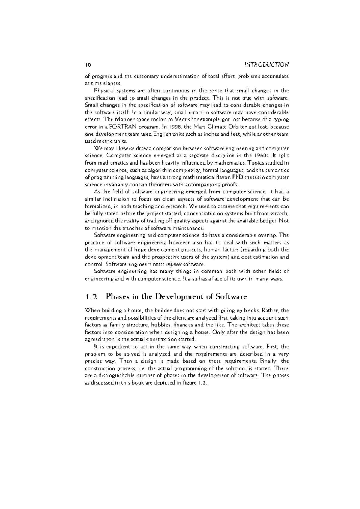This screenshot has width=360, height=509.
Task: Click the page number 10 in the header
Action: tap(88, 64)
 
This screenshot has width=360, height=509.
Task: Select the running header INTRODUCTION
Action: tap(266, 64)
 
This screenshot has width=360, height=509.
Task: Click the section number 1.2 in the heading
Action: tap(91, 297)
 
